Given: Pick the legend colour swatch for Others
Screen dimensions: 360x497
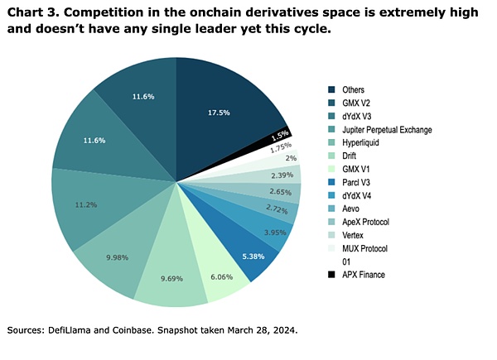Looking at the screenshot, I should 331,89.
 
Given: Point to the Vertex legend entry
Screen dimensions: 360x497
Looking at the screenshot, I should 354,235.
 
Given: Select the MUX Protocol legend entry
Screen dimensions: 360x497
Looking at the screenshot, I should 365,248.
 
